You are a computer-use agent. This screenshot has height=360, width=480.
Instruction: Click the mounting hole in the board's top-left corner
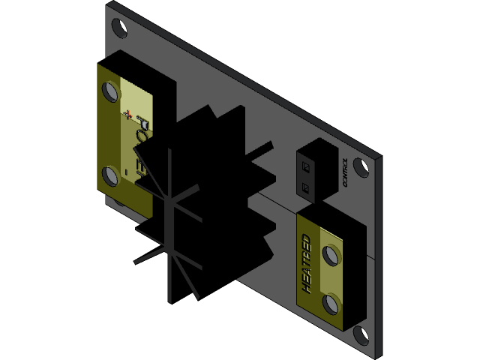[x=118, y=28]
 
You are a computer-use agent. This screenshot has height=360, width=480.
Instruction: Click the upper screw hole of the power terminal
[x=111, y=91]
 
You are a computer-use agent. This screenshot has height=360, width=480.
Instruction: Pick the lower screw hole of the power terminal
[x=110, y=176]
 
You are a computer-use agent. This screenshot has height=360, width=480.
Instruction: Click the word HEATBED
[x=306, y=262]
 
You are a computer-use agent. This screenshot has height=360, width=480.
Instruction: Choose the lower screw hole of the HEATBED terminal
[x=330, y=304]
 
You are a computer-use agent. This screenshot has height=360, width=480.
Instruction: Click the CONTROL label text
[x=344, y=172]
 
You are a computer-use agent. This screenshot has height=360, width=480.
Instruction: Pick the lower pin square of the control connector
[x=305, y=186]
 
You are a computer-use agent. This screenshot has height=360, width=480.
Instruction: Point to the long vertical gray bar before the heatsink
[x=171, y=225]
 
